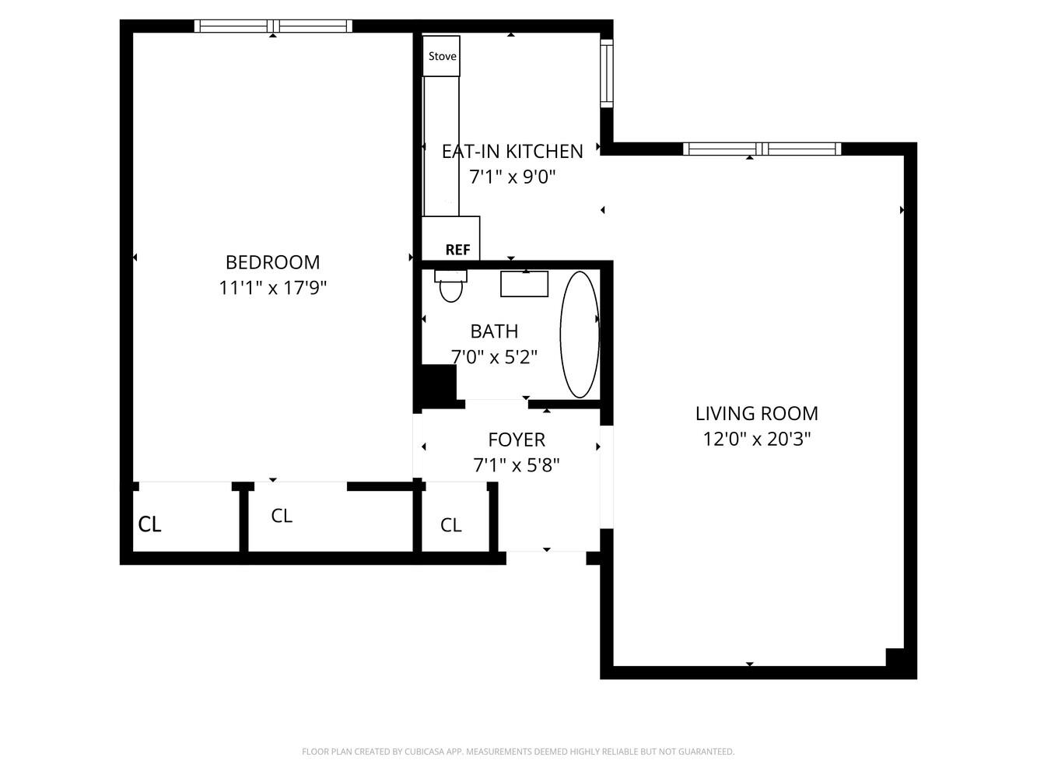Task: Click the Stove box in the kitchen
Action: click(x=441, y=56)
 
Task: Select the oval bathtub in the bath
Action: click(x=580, y=335)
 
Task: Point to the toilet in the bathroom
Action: click(x=450, y=286)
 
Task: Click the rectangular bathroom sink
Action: click(x=524, y=284)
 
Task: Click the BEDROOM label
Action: click(x=272, y=262)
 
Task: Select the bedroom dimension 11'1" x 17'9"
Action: click(x=272, y=288)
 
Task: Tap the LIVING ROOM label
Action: click(x=756, y=413)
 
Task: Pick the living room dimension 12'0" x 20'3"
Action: click(x=756, y=439)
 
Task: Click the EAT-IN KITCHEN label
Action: click(x=512, y=151)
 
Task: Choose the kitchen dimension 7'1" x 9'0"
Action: click(x=512, y=177)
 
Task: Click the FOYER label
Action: click(x=517, y=440)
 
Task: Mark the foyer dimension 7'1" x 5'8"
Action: click(x=517, y=465)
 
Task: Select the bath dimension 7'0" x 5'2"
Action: click(x=494, y=357)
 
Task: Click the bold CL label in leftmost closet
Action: click(x=149, y=524)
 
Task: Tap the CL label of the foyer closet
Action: click(x=451, y=525)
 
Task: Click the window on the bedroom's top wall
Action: click(x=273, y=26)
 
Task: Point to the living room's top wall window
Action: click(x=762, y=149)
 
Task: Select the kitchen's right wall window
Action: click(x=606, y=72)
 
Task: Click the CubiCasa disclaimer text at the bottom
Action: click(x=518, y=752)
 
